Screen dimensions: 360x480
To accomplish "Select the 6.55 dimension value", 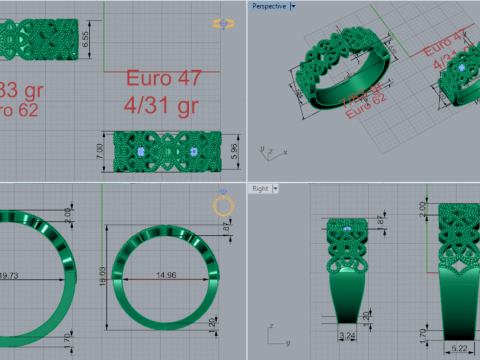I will (x=86, y=39).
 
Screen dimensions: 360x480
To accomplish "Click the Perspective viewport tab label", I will (x=267, y=6).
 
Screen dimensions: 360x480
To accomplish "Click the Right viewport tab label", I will (x=258, y=188).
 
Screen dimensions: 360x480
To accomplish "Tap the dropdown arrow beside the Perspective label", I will (x=292, y=6).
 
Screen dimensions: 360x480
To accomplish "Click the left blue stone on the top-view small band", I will (x=142, y=150).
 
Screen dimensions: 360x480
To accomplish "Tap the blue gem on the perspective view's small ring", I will (x=461, y=67).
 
